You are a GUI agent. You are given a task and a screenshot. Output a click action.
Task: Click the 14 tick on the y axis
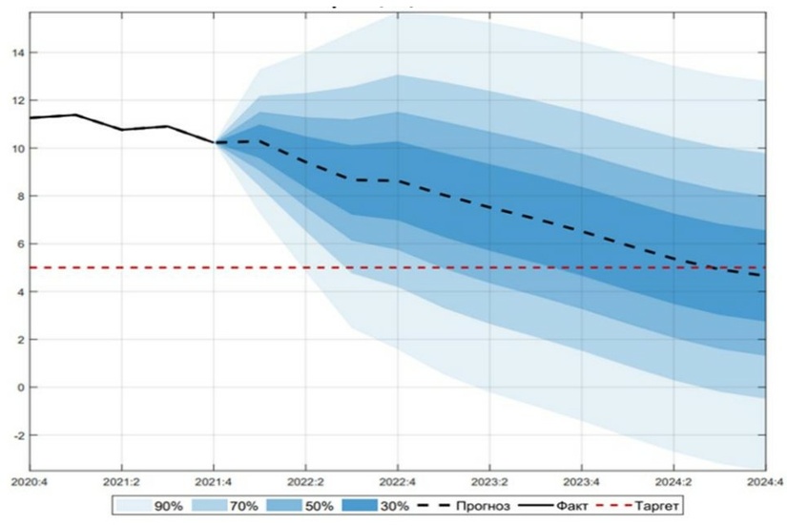click(x=17, y=53)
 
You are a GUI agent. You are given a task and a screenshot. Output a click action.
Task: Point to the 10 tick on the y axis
click(x=17, y=148)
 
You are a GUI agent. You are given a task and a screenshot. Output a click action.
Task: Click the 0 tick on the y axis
click(x=20, y=388)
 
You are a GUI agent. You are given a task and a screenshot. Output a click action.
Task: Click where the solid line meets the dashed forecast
click(x=215, y=142)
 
